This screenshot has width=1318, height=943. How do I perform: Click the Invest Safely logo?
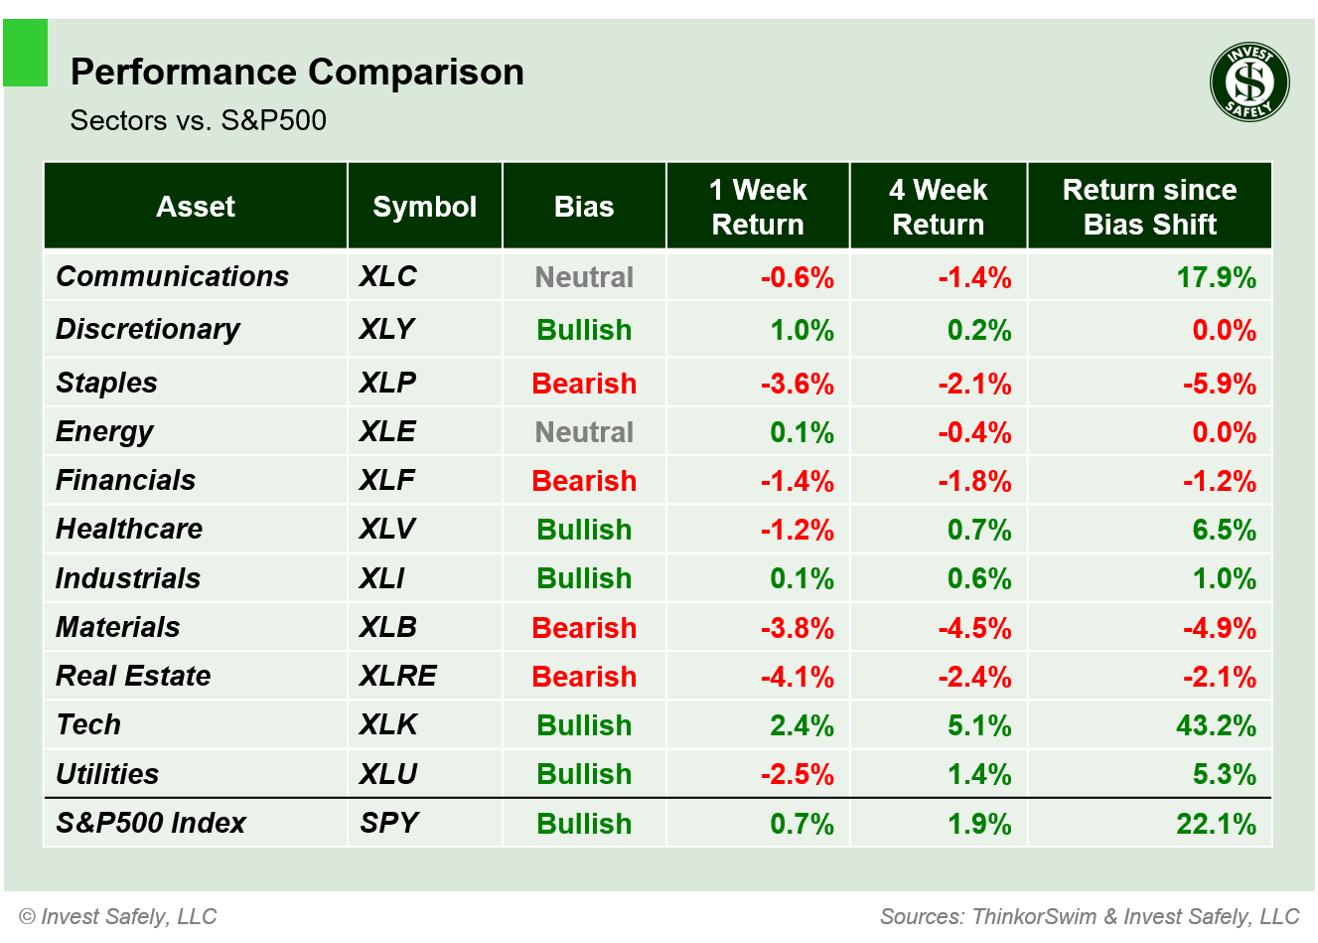pos(1249,82)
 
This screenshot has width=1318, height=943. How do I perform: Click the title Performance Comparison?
pos(297,73)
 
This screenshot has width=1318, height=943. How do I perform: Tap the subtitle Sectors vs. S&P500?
pos(198,120)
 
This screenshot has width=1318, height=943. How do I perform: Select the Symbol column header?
pos(424,207)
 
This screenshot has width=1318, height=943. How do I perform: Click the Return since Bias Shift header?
pos(1149,207)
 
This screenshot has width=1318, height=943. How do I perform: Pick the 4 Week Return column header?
pos(938,207)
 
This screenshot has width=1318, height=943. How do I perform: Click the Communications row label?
pos(172,276)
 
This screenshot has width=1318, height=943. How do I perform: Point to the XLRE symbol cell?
pos(397,676)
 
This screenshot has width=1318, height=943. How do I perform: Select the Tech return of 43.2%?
pos(1216,725)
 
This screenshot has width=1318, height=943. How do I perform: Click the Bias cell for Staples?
pos(584,384)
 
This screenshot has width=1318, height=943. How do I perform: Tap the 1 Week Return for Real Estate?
pos(797,677)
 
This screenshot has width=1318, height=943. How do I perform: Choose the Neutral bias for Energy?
pos(584,432)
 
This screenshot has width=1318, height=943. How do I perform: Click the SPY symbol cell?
pos(389,823)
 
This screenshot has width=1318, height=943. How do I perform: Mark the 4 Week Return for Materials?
pos(974,628)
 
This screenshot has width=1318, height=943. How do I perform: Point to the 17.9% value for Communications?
pos(1216,277)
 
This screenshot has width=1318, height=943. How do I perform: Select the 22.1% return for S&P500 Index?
pos(1216,824)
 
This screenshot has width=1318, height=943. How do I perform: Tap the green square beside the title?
pos(26,54)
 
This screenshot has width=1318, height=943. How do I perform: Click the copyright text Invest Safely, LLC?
pos(118,916)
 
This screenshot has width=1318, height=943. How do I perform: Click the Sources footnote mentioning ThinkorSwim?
pos(1089,916)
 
